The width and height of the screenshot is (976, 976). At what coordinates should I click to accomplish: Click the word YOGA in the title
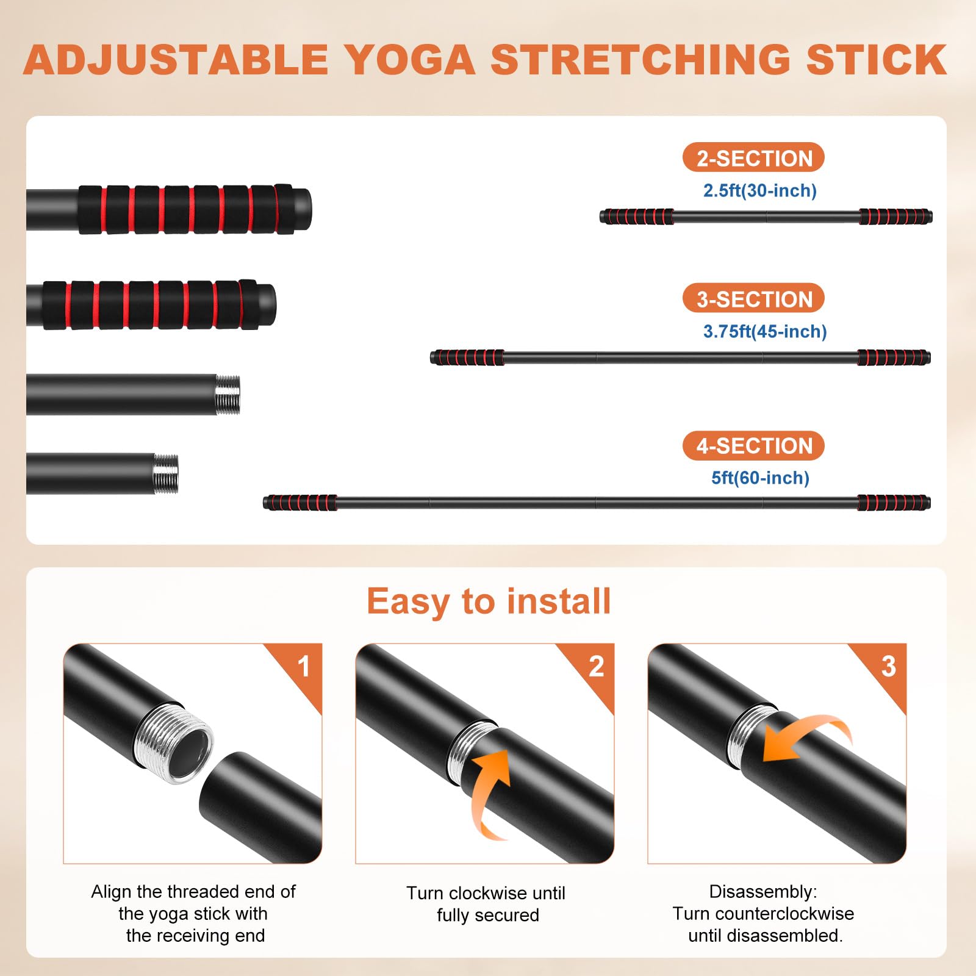point(411,60)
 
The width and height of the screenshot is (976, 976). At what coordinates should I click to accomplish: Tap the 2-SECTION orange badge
point(753,158)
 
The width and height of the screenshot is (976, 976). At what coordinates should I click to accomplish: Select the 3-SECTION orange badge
point(753,299)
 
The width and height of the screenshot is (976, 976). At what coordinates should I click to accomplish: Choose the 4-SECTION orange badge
point(753,446)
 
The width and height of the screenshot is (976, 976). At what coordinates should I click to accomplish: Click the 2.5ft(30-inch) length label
point(760,190)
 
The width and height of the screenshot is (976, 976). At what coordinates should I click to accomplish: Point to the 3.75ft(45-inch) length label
point(765,331)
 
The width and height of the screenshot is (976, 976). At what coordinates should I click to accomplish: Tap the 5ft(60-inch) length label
point(760,478)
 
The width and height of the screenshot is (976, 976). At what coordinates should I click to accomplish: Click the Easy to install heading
point(489,602)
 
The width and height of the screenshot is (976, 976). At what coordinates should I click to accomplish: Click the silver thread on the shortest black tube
point(166,474)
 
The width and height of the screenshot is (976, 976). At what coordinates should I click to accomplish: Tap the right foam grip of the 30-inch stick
point(894,217)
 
